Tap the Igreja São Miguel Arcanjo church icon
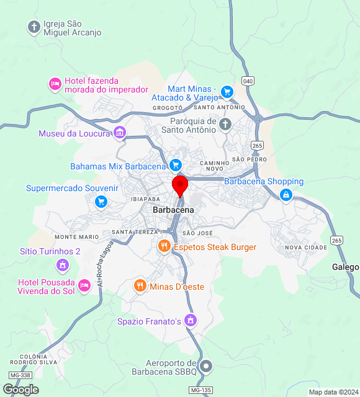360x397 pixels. pos(34,27)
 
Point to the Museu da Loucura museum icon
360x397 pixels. pos(120,133)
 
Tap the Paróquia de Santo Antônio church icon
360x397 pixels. pos(225,125)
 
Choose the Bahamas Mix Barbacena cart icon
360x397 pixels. pos(176,166)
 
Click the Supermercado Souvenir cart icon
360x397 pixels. pos(101,202)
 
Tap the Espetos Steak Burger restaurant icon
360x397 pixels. pos(164,246)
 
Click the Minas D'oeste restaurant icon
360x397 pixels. pos(140,286)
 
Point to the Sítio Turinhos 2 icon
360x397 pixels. pos(62,265)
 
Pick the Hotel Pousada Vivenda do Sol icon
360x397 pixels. pos(85,286)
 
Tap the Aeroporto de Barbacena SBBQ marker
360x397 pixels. pos(207,367)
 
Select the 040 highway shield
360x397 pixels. pos(249,81)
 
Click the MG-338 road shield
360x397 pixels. pos(20,376)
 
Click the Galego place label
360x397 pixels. pos(345,267)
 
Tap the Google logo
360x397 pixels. pos(20,389)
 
